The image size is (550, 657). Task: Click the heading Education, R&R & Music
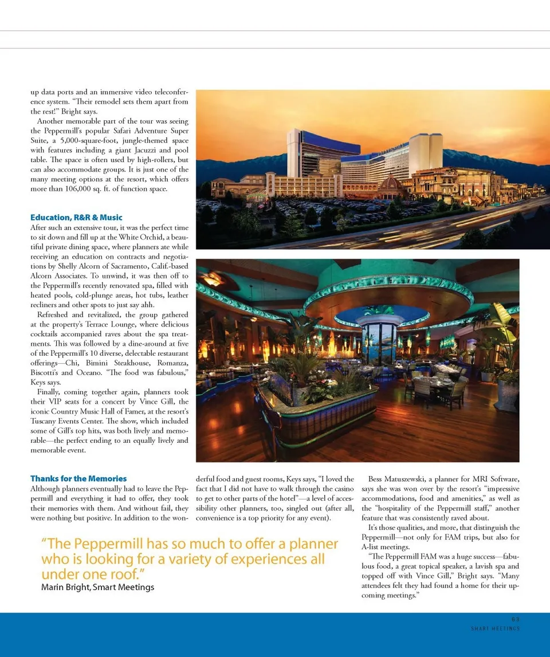point(76,218)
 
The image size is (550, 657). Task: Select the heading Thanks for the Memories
point(78,478)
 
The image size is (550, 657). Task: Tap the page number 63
point(515,619)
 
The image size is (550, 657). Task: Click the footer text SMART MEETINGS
point(495,628)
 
